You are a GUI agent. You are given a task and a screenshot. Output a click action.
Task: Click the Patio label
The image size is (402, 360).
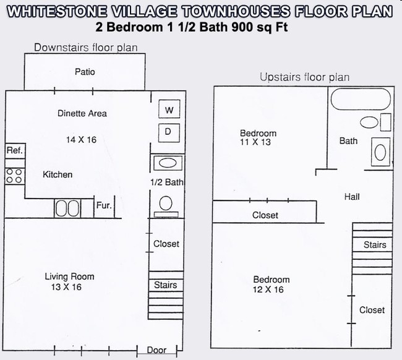[x=85, y=72]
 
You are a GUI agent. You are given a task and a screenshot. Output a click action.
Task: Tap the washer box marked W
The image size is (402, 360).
[x=168, y=111]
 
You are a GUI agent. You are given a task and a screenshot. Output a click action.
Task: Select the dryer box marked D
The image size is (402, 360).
[x=168, y=132]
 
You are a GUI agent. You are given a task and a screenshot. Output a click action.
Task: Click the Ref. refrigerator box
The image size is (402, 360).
[x=14, y=150]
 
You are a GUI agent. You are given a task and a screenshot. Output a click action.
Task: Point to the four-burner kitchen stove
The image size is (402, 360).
[x=14, y=174]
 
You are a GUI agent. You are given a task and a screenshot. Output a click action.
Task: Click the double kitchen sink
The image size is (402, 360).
[x=67, y=207]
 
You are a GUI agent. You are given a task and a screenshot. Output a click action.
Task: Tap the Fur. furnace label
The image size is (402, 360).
[x=104, y=205]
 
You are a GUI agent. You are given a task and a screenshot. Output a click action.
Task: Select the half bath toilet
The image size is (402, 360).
[x=166, y=204]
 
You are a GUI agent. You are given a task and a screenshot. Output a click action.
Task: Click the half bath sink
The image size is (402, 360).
[x=166, y=163]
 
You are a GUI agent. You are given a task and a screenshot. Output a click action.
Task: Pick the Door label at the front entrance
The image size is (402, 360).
[x=156, y=350]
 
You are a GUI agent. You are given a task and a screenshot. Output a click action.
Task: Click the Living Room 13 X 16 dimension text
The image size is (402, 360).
[x=69, y=287]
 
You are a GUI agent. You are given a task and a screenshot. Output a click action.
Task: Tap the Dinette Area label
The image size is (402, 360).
[x=82, y=113]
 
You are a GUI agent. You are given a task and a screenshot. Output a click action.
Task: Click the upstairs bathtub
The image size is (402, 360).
[x=360, y=99]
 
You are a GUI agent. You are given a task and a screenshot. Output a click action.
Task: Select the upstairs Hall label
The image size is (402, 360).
[x=351, y=197]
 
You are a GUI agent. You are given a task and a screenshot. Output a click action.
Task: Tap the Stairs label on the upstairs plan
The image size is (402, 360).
[x=374, y=245]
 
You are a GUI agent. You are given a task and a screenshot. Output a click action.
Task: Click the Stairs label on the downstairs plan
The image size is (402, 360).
[x=166, y=285]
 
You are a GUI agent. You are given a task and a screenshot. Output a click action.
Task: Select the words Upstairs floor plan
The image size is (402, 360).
[x=304, y=77]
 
